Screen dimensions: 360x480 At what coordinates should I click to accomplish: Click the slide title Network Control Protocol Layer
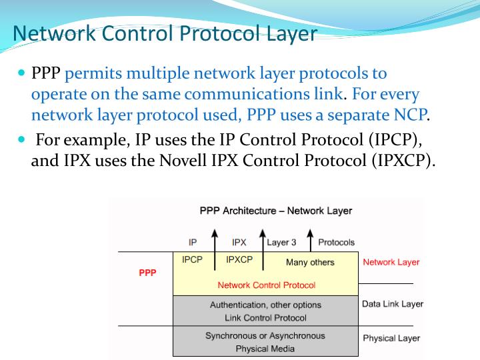165,33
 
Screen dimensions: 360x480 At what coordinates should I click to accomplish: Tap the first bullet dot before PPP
21,71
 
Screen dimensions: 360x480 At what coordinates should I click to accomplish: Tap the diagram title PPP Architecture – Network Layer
276,211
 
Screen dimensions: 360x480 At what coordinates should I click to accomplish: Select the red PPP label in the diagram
147,273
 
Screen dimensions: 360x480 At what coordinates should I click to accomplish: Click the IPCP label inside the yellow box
192,260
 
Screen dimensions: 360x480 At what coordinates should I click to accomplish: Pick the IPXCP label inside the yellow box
239,260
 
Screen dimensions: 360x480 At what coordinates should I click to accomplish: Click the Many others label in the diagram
310,263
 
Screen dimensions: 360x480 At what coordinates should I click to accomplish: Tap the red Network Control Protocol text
267,285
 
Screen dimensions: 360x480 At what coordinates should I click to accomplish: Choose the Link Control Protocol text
266,318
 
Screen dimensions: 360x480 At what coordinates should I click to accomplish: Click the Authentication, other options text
265,305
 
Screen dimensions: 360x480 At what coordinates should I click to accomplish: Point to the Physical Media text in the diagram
265,349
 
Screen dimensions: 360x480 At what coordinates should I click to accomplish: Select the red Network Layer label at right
391,262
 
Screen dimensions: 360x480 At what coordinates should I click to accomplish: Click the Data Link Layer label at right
393,304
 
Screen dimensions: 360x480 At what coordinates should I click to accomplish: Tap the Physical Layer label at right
391,338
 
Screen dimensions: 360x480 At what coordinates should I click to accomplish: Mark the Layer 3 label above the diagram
281,243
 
